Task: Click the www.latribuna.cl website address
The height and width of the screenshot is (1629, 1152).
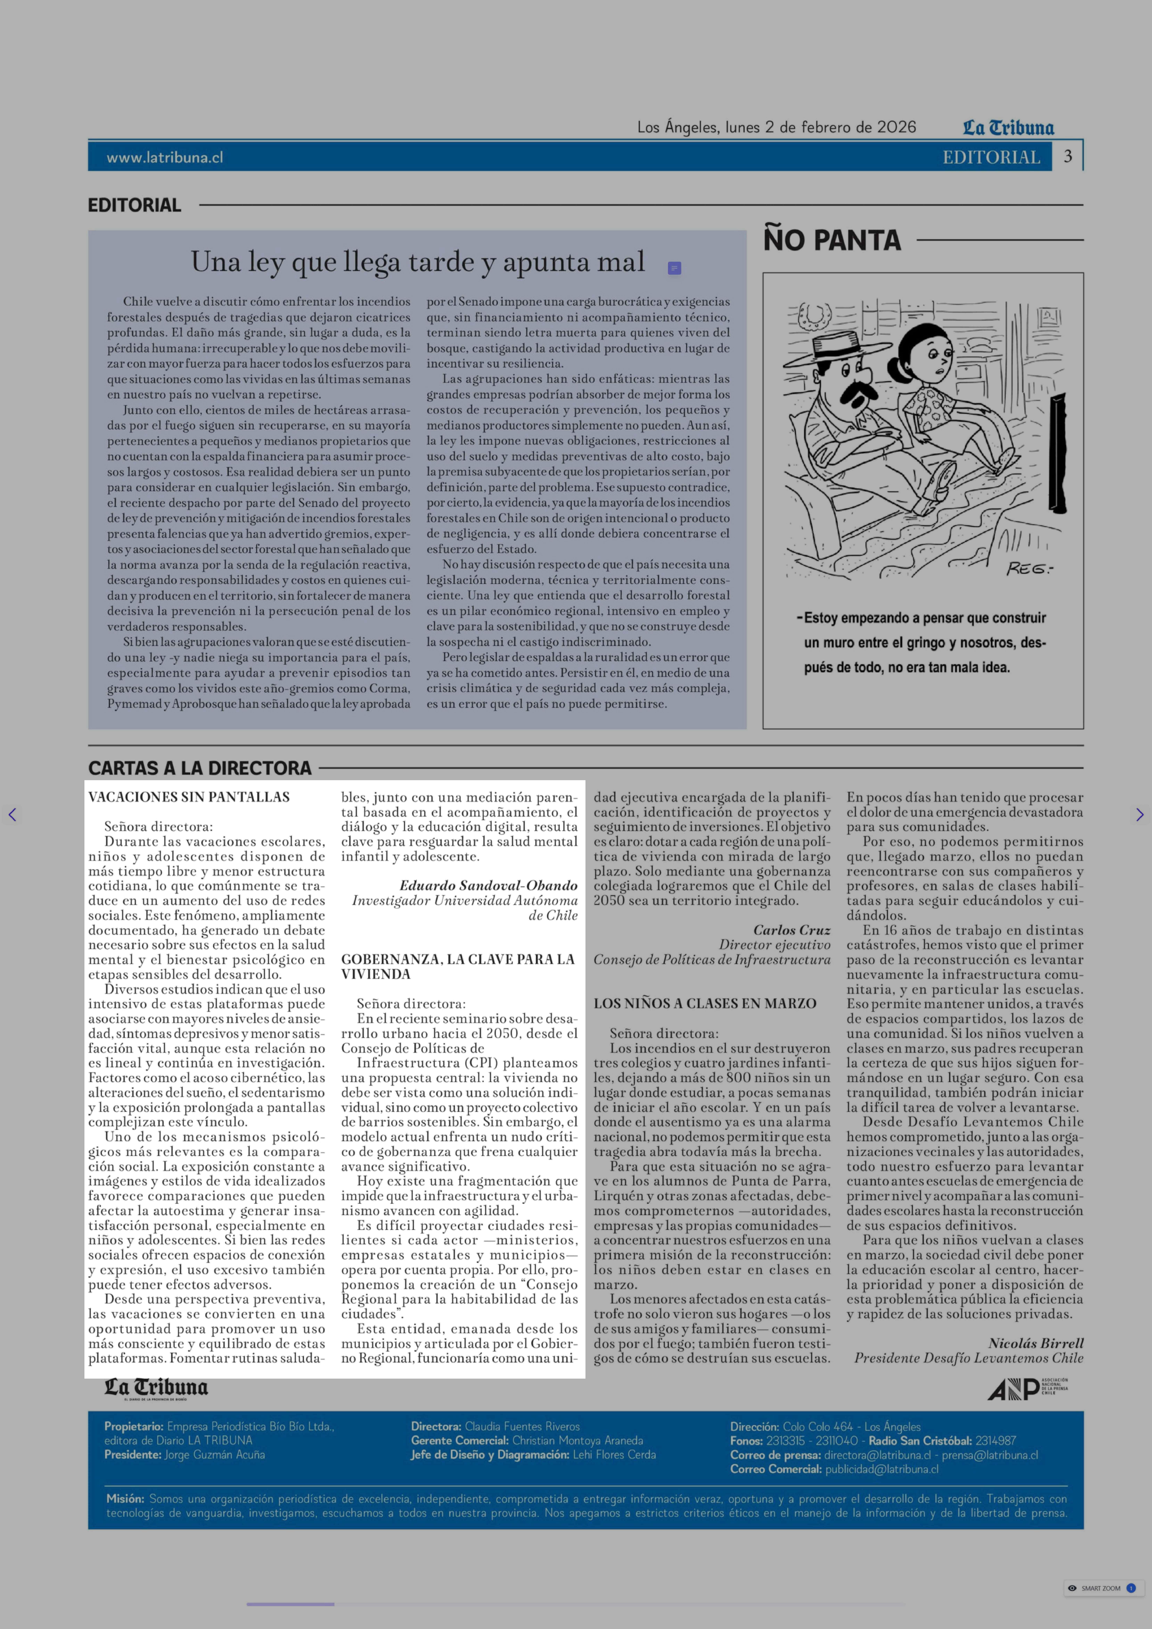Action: pos(165,157)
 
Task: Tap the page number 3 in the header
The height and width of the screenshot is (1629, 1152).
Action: pos(1067,156)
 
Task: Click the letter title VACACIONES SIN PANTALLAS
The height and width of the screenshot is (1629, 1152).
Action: pos(189,797)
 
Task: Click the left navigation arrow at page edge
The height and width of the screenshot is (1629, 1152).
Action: pos(12,815)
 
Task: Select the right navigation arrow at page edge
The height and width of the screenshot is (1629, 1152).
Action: pos(1139,815)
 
